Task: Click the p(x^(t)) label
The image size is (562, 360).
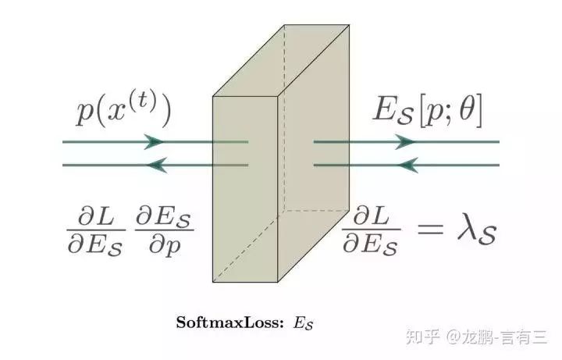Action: pyautogui.click(x=123, y=111)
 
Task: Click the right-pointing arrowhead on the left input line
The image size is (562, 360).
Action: pyautogui.click(x=155, y=142)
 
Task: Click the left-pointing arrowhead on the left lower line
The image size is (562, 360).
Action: pyautogui.click(x=158, y=165)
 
